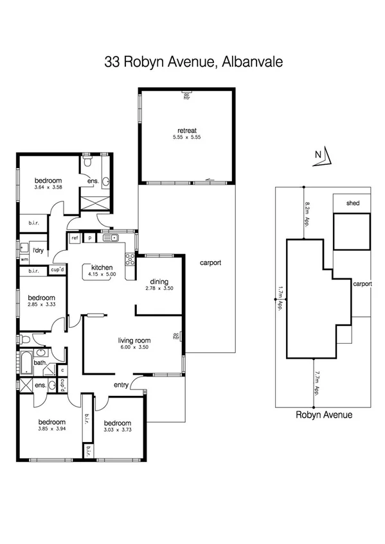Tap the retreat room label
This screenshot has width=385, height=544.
(x=187, y=130)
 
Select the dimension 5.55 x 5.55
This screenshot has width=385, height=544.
(x=187, y=137)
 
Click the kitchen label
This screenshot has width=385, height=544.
(x=102, y=268)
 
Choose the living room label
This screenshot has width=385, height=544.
(x=134, y=340)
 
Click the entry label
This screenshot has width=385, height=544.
(x=121, y=385)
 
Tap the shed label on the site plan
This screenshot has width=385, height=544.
(x=352, y=203)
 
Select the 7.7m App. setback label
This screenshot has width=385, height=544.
(x=317, y=383)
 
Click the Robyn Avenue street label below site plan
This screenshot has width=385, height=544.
(x=324, y=415)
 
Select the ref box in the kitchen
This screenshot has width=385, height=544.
(x=75, y=238)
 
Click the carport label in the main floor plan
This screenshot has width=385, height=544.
(x=210, y=263)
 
